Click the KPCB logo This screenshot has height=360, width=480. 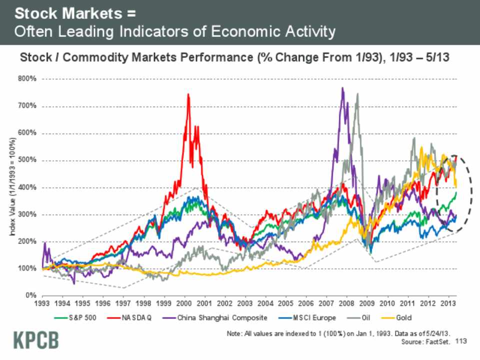35,340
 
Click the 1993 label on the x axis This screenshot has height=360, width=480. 41,303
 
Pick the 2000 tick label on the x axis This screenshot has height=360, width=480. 184,303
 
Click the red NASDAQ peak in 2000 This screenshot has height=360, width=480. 188,94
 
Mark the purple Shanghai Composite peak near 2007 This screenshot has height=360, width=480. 342,88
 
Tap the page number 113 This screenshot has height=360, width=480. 461,341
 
